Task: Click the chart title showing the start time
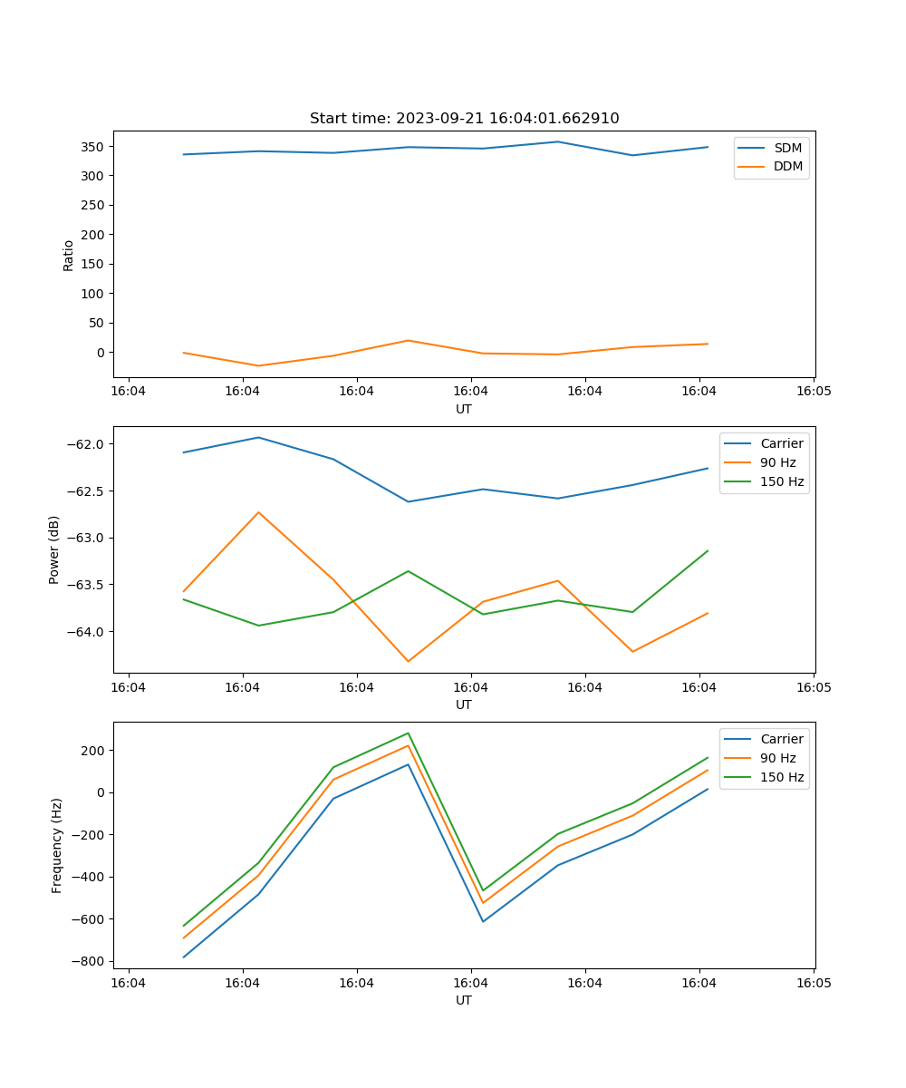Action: (x=464, y=119)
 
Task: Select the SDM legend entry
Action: (x=787, y=148)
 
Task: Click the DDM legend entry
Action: (x=787, y=166)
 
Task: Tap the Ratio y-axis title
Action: (x=69, y=255)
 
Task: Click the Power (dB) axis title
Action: (x=54, y=549)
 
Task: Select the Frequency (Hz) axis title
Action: (x=57, y=845)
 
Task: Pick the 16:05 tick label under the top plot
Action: (x=813, y=391)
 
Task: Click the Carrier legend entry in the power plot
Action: (x=781, y=443)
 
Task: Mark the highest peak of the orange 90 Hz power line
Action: (x=258, y=512)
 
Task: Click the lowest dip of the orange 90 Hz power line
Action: (x=408, y=661)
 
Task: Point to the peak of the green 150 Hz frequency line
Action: (x=408, y=733)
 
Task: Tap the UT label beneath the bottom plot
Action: (x=464, y=1000)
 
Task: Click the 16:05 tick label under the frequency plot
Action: (x=813, y=982)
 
